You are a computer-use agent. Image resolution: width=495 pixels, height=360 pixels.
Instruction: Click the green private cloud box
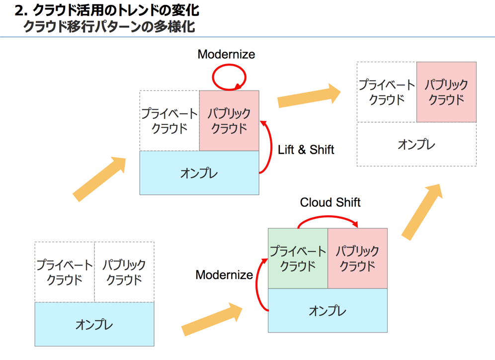[x=298, y=258]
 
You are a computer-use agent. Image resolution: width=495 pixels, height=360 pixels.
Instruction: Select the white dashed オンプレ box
[x=416, y=144]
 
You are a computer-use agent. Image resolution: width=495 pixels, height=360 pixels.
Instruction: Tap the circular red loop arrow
[x=229, y=77]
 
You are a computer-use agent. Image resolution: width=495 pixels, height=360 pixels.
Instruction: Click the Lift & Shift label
[x=306, y=150]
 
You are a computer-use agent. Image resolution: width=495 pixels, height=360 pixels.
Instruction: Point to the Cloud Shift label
[x=330, y=202]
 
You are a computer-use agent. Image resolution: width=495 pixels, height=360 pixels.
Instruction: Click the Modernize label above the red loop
[x=226, y=54]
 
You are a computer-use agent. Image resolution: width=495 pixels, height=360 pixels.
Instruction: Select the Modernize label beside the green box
[x=224, y=274]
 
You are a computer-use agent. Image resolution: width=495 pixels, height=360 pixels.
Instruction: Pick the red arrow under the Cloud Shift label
[x=328, y=219]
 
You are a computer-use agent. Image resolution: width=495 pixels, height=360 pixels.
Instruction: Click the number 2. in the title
[x=21, y=10]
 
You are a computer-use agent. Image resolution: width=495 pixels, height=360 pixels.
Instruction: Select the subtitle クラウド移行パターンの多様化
[x=109, y=26]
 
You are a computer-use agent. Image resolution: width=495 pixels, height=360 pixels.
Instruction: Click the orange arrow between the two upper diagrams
[x=309, y=95]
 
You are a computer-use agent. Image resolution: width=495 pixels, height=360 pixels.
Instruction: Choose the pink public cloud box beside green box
[x=357, y=258]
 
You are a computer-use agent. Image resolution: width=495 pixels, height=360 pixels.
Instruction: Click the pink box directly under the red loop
[x=229, y=121]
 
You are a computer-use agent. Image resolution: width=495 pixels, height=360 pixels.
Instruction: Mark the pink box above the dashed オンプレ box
[x=446, y=92]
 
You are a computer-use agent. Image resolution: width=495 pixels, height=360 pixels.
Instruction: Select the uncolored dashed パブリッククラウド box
[x=124, y=272]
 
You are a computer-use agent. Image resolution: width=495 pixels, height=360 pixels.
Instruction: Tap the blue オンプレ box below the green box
[x=328, y=311]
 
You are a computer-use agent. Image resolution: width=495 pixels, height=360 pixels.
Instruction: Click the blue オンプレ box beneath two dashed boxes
[x=94, y=324]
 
